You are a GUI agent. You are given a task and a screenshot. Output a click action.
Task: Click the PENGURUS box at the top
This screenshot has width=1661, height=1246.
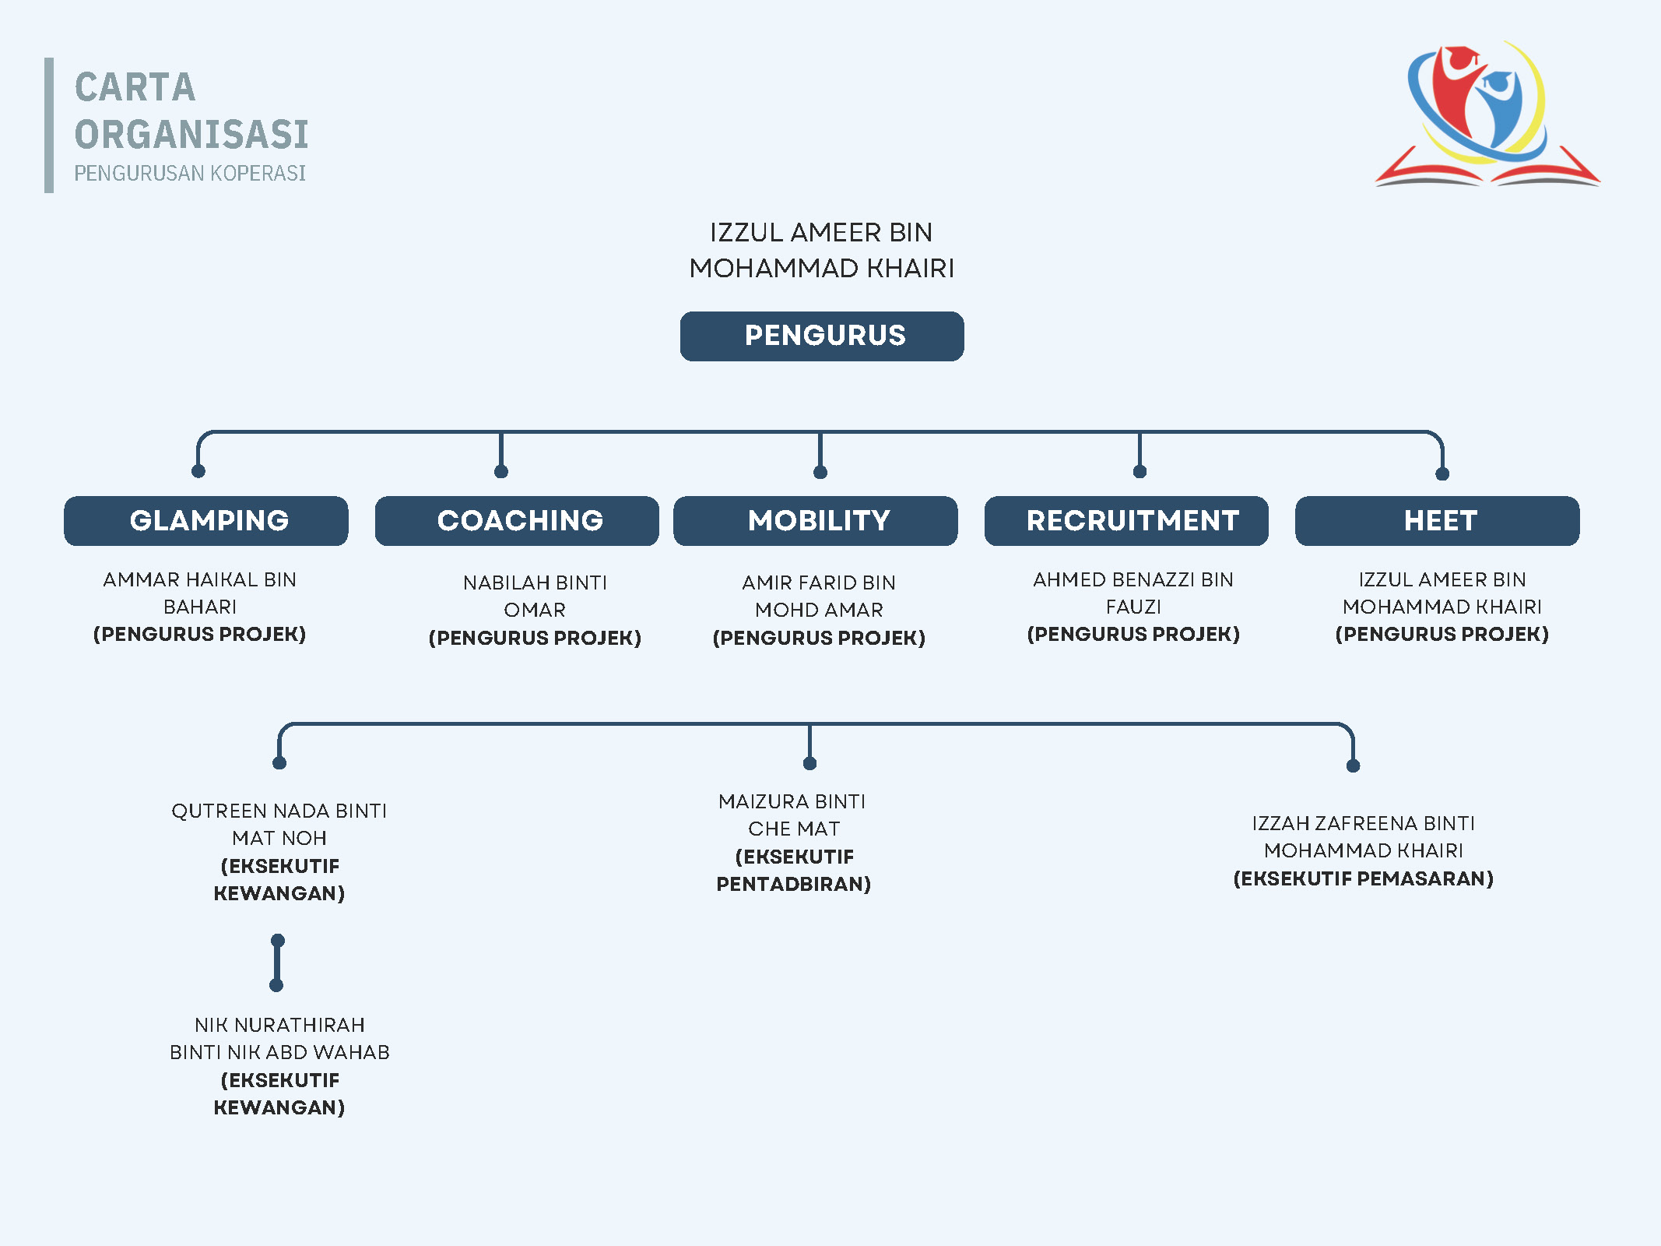822,336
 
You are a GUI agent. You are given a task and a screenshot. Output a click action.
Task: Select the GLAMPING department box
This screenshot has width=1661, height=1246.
206,521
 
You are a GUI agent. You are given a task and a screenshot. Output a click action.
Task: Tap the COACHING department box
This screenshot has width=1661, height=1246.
517,521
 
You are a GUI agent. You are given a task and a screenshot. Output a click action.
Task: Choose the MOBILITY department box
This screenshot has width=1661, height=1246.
816,521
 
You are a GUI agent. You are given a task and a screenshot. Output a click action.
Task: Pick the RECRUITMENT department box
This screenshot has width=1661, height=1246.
1126,521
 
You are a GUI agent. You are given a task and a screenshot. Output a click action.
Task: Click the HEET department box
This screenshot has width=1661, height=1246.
1438,521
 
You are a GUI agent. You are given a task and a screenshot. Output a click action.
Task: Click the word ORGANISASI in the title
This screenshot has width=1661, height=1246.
191,135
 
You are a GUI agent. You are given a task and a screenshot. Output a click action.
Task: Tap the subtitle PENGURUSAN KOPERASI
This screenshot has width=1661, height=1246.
190,173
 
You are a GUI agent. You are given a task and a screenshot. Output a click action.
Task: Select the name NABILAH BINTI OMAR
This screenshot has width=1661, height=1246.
535,596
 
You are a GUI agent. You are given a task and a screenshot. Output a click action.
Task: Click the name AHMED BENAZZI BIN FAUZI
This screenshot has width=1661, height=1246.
1133,593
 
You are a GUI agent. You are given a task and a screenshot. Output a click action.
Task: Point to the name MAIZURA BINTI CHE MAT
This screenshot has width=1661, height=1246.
793,815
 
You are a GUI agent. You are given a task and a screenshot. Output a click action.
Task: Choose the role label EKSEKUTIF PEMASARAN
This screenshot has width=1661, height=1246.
1364,878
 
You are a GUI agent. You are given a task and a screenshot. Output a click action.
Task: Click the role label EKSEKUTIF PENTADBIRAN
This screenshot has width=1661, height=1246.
794,871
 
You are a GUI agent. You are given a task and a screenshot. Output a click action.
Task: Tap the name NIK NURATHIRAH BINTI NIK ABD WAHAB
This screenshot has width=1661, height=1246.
279,1038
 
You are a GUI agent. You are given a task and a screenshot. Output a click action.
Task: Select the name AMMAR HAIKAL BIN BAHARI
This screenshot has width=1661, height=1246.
200,593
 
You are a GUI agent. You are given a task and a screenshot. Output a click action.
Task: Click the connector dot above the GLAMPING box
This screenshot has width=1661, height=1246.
198,471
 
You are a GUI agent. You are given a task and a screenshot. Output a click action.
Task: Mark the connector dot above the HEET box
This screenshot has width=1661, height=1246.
1442,473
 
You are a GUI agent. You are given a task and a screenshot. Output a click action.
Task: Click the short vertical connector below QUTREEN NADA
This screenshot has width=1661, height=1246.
277,963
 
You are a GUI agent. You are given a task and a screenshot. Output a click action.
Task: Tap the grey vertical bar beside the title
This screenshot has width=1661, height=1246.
49,125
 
